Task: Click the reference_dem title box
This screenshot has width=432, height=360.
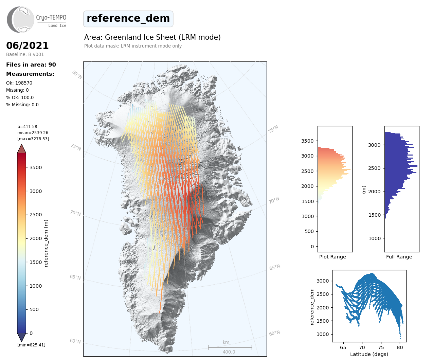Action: [x=128, y=19]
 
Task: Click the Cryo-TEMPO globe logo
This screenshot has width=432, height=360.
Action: [x=21, y=20]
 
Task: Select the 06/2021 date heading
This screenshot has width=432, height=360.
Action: [x=28, y=46]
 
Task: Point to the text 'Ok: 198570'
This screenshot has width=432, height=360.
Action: [x=19, y=83]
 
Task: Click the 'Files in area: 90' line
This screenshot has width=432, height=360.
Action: [x=31, y=65]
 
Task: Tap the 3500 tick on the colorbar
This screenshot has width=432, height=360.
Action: [x=36, y=167]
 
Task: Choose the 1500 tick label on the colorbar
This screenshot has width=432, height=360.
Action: [x=36, y=262]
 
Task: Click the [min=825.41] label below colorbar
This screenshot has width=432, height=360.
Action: [x=31, y=345]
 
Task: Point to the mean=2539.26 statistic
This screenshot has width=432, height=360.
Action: [x=33, y=133]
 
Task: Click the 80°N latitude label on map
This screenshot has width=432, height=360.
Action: [x=77, y=75]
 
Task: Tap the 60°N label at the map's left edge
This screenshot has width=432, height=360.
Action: [x=75, y=341]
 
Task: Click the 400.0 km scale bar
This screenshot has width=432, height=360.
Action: [x=230, y=347]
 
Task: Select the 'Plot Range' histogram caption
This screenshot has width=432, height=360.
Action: [x=332, y=257]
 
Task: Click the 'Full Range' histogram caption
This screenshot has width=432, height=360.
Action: [x=399, y=257]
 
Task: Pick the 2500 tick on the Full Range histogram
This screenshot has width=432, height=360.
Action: [x=375, y=168]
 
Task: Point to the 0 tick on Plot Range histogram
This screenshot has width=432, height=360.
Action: [x=312, y=247]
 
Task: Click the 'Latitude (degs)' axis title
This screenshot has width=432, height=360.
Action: [x=369, y=354]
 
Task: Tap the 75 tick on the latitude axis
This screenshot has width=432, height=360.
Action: [x=381, y=347]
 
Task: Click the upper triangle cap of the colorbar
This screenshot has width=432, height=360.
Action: [x=22, y=149]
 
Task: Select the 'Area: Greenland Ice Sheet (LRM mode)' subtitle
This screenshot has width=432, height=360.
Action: [x=152, y=37]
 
